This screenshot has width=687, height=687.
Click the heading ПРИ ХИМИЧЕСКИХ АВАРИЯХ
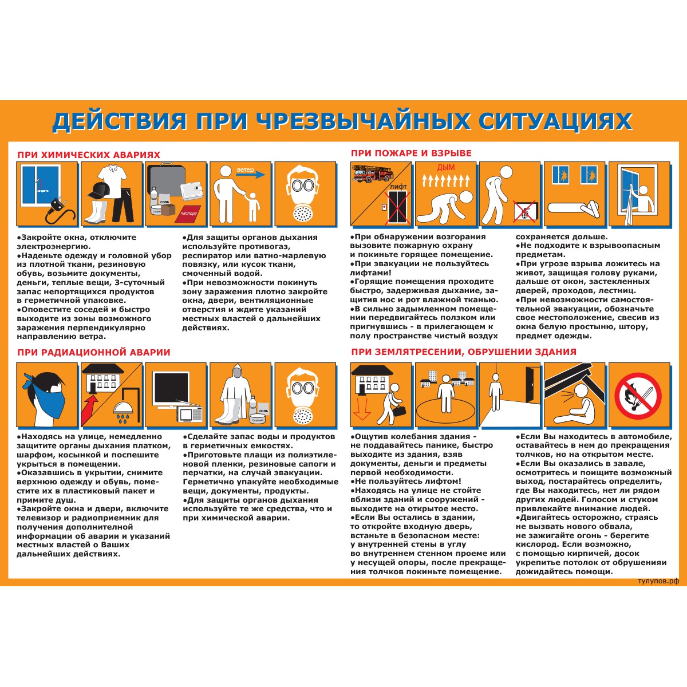pyautogui.click(x=89, y=155)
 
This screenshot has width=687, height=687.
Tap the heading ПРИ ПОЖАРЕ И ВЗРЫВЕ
pyautogui.click(x=411, y=153)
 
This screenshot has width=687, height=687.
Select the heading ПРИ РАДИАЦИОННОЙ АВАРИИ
pyautogui.click(x=94, y=352)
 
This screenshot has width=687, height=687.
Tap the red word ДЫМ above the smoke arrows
pyautogui.click(x=445, y=167)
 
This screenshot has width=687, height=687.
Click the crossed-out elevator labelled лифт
pyautogui.click(x=398, y=207)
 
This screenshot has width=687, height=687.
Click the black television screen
pyautogui.click(x=171, y=387)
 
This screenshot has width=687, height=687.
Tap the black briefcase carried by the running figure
pyautogui.click(x=398, y=411)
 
